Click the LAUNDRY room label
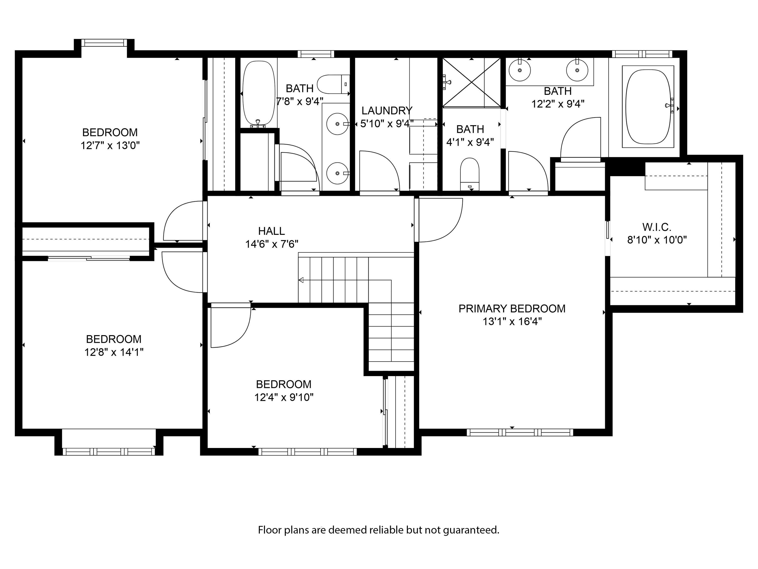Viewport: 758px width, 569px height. click(387, 111)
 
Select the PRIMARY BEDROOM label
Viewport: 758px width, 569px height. click(512, 309)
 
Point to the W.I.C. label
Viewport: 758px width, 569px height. click(657, 227)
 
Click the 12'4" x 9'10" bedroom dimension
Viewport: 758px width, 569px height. click(284, 397)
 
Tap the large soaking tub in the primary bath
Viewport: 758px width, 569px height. click(648, 107)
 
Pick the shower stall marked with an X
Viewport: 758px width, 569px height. click(472, 82)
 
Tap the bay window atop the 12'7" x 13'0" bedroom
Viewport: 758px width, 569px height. click(104, 43)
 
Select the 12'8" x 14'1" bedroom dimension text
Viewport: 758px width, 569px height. click(114, 352)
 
